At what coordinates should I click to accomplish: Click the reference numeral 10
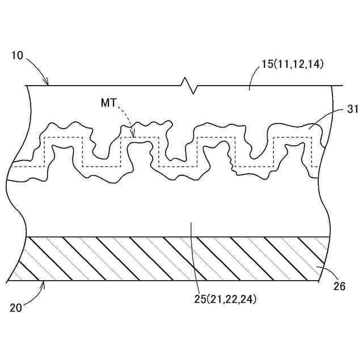[17, 56]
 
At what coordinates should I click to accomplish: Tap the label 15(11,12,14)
[291, 64]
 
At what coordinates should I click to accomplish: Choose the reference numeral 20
[17, 308]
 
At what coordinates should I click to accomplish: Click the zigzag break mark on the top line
[189, 86]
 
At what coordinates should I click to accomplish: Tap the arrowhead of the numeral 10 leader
[48, 83]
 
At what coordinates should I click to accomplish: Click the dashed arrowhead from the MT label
[132, 135]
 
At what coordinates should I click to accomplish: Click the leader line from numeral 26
[324, 273]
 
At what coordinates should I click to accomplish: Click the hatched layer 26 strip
[170, 259]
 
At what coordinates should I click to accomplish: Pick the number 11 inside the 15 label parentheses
[281, 64]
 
